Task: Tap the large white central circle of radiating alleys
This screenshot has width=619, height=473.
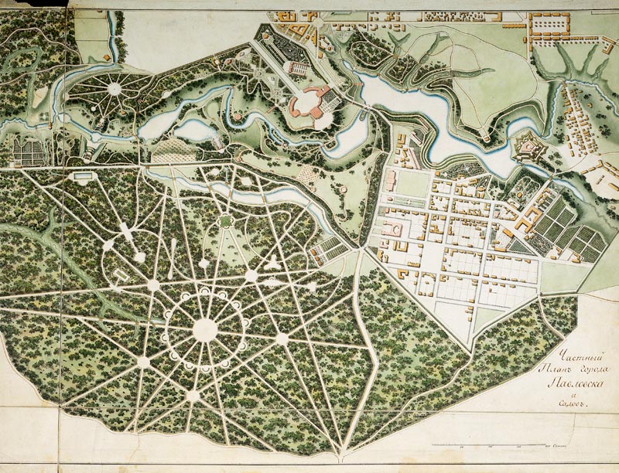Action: (x=205, y=329)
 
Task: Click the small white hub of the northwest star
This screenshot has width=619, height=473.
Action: (x=115, y=89)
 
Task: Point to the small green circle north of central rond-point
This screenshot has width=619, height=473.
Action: (x=225, y=221)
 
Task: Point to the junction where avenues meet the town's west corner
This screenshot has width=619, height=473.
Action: (x=360, y=249)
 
